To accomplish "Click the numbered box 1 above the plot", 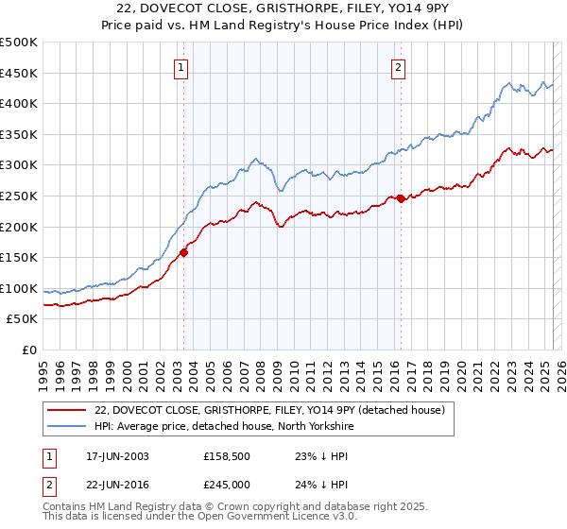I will [180, 67].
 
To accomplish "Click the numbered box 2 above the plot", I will [399, 67].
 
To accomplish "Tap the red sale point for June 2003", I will [184, 252].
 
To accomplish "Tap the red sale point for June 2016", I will [401, 198].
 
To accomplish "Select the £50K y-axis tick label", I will [23, 319].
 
